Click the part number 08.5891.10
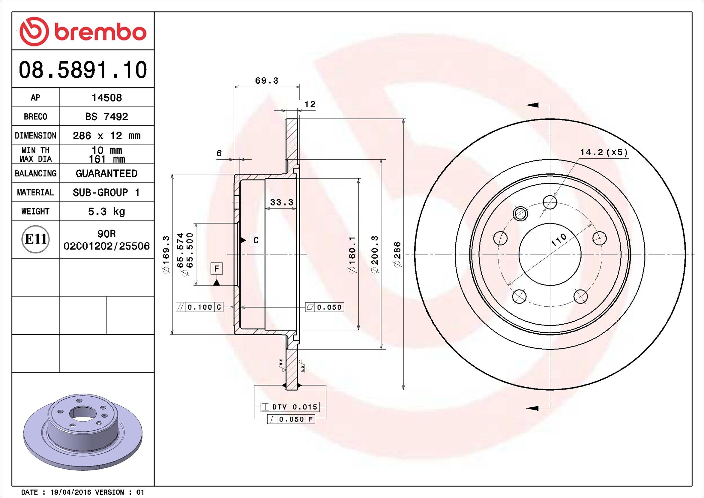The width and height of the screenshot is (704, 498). pos(83,70)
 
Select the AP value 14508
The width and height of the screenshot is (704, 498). pos(107,98)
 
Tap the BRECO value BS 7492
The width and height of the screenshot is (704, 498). pos(106,116)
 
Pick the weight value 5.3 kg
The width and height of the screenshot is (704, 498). pos(106,212)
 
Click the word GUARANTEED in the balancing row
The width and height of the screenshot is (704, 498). pos(106,173)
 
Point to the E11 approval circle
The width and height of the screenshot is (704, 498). pos(35,239)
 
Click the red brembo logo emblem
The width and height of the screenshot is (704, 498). pos(34,31)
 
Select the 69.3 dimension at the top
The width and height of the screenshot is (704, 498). pos(267,81)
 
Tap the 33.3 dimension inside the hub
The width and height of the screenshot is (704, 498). pos(281,202)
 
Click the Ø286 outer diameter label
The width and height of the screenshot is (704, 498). pos(397,254)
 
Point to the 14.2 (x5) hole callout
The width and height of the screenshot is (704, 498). pos(604,152)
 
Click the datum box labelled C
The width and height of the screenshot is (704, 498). pos(256,240)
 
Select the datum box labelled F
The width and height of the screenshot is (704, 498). pos(217,268)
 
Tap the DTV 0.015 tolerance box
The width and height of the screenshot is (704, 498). pos(290,407)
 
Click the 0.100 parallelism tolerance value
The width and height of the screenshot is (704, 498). pos(200,307)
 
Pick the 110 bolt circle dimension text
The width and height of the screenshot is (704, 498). pos(559,240)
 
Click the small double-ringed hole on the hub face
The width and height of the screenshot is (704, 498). pos(520,213)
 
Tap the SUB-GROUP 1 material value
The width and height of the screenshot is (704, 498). pos(106,192)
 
